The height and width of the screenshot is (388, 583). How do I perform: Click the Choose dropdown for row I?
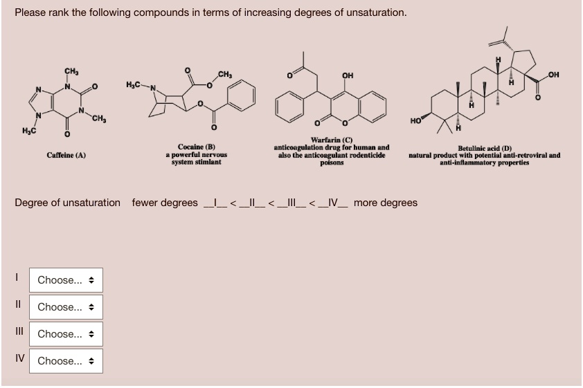coord(67,280)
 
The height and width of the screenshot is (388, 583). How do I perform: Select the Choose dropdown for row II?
coord(67,307)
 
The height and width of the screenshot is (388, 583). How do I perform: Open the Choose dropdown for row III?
coord(67,334)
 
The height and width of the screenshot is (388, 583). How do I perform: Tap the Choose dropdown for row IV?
coord(67,361)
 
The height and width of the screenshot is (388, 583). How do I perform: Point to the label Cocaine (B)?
coord(197,147)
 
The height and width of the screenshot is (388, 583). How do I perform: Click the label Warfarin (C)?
coord(332,140)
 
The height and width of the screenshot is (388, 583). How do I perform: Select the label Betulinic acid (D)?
coord(484,148)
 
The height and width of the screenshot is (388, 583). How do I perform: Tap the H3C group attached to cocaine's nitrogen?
coord(136,84)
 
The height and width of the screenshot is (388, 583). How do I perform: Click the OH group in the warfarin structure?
coord(348,77)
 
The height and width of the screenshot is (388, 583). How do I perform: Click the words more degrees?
coord(386,203)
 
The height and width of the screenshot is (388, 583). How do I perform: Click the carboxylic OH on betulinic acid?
coord(553,75)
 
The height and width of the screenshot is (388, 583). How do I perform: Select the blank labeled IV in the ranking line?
coord(334,203)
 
